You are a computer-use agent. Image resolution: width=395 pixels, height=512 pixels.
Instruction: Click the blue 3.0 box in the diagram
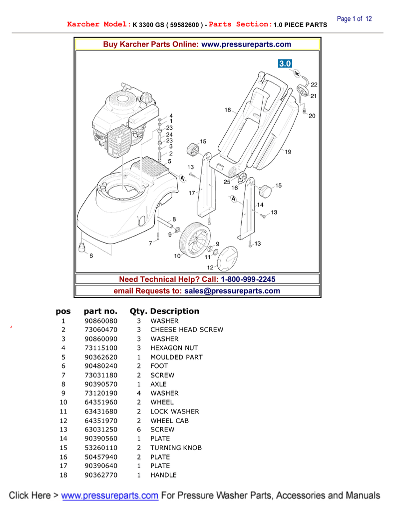(285, 64)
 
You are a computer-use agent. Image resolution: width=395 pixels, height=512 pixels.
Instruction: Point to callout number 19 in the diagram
(288, 152)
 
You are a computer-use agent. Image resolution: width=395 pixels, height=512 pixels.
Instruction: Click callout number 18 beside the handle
(227, 110)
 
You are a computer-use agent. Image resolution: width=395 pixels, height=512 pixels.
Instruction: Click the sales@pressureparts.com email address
(232, 291)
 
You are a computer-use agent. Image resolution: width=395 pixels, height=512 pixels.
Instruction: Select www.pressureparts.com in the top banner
(246, 44)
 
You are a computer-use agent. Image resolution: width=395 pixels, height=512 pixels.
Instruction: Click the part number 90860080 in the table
(101, 321)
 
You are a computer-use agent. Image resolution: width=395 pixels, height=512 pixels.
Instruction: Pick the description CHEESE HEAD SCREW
(187, 330)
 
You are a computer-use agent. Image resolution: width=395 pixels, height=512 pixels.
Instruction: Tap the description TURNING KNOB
(176, 448)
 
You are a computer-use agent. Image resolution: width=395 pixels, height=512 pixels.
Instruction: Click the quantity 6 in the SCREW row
(139, 429)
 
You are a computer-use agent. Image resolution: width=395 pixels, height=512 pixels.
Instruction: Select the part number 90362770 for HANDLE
(101, 475)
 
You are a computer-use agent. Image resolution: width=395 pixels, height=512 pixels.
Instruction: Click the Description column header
(175, 311)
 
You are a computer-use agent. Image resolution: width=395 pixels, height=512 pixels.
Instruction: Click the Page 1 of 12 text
(355, 19)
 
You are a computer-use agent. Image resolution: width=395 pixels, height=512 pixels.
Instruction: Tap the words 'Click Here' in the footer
(29, 495)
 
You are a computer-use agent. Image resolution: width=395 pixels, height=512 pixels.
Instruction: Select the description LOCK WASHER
(175, 411)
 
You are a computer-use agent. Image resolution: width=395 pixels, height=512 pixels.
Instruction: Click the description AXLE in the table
(158, 384)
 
